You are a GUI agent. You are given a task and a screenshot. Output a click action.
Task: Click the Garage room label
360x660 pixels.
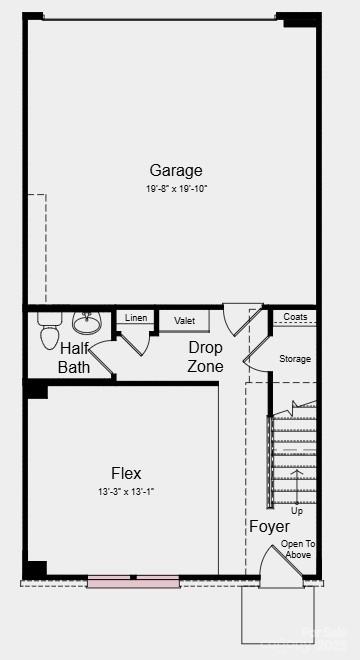[x=176, y=170]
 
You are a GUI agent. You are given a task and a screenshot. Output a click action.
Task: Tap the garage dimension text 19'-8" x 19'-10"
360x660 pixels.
[x=176, y=188]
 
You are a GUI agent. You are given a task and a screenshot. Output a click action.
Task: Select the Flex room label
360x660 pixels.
[x=126, y=473]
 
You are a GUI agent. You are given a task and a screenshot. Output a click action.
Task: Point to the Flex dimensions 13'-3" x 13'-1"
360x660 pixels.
[x=126, y=491]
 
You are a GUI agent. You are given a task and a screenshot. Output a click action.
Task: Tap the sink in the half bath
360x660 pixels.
[x=87, y=324]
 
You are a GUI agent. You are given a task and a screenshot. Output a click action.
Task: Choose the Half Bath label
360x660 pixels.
[x=74, y=358]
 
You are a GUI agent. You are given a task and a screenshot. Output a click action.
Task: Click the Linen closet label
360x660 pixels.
[x=136, y=318]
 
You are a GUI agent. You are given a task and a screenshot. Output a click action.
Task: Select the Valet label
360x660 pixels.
[x=184, y=321]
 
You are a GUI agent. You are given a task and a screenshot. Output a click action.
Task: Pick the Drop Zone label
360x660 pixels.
[x=205, y=357]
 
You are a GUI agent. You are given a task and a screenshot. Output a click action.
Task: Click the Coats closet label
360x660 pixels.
[x=295, y=317]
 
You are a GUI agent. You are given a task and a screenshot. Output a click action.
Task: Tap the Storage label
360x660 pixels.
[x=295, y=359]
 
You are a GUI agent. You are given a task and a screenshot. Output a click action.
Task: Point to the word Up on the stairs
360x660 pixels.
[x=297, y=510]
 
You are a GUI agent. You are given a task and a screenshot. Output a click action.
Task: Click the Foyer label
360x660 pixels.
[x=269, y=526]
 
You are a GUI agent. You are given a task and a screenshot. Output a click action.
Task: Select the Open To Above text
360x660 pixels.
[x=298, y=549]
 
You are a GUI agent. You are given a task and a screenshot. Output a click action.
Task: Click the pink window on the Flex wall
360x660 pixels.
[x=132, y=579]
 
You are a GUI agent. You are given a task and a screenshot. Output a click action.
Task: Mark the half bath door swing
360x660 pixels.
[x=134, y=340]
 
